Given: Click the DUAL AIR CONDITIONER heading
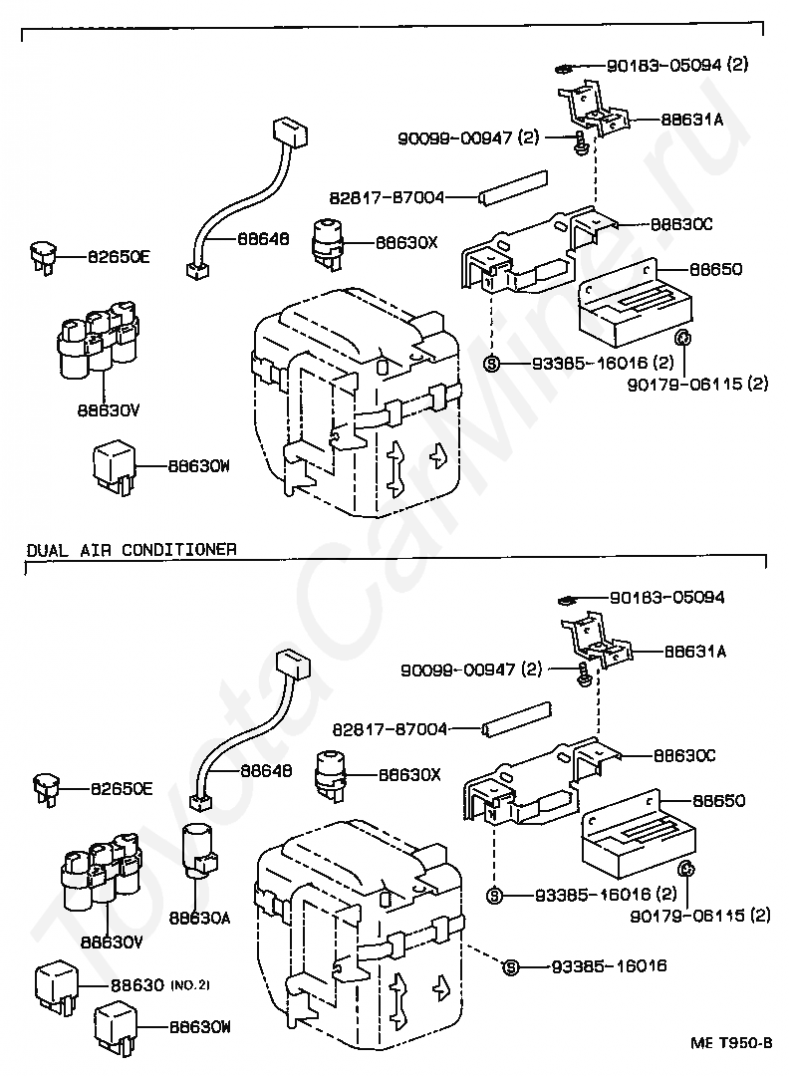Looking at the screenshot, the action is [131, 550].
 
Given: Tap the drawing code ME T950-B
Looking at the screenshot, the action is [731, 1043].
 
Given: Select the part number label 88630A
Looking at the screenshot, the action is [199, 919].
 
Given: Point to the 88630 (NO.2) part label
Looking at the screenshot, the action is [159, 985].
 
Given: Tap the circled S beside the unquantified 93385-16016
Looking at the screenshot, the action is [510, 966].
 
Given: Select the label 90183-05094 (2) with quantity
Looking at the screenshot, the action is [677, 65].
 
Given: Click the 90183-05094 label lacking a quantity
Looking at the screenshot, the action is [666, 598].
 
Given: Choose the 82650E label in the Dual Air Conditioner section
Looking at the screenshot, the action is [122, 789].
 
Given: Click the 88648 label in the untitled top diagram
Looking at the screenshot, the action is [263, 239].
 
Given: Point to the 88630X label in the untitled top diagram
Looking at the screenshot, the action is [406, 243].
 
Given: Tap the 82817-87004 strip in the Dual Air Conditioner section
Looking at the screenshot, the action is [517, 717].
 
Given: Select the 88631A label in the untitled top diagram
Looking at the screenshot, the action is [692, 120].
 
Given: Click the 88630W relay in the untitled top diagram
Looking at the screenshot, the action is [114, 468].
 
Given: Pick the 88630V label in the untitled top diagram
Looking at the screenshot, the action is [109, 411].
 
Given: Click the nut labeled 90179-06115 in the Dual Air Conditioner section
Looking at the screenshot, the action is [686, 870].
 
